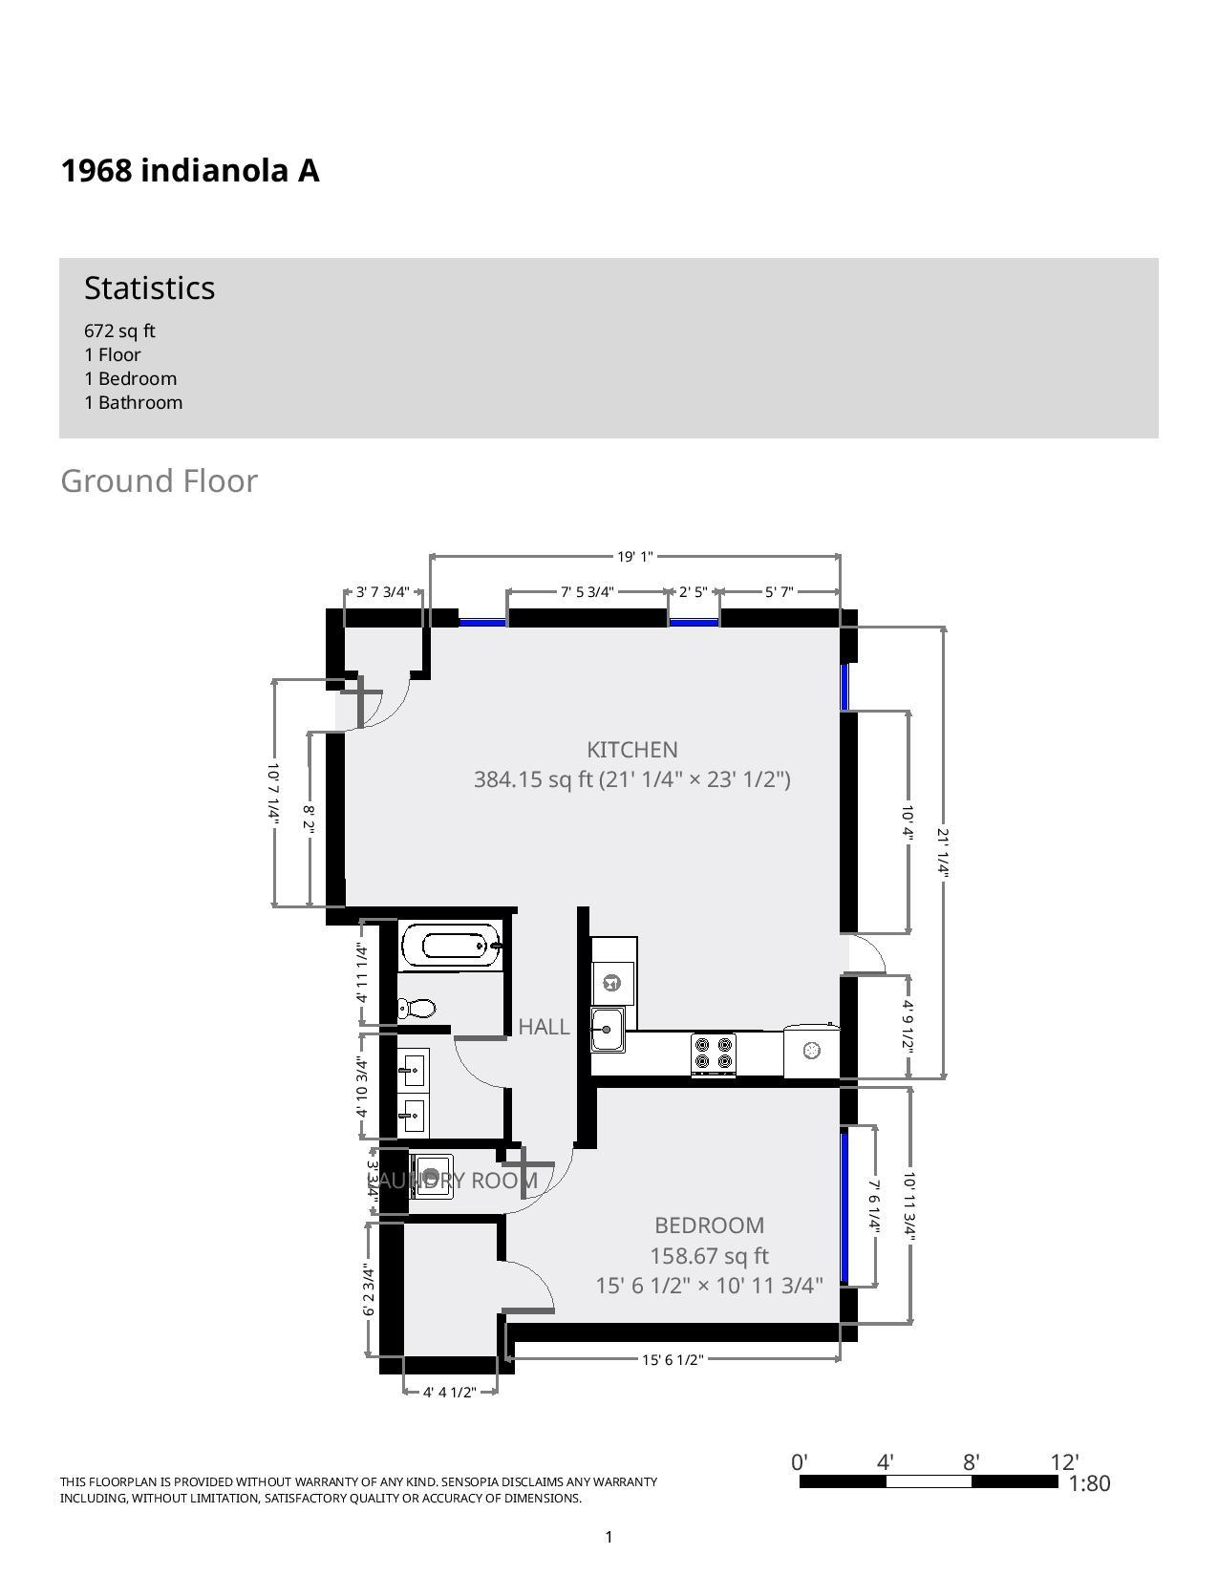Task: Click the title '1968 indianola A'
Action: point(190,171)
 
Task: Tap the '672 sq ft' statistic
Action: point(119,330)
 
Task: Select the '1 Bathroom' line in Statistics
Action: point(133,402)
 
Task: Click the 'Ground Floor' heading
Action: point(159,480)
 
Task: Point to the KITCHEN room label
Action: point(631,750)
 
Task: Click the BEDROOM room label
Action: point(709,1225)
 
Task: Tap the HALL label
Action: point(544,1027)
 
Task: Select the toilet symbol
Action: point(417,1008)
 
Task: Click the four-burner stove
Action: point(714,1054)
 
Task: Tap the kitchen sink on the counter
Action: point(607,1030)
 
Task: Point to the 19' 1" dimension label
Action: point(634,556)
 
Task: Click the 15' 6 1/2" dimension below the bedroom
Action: point(673,1359)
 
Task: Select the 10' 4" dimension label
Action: point(908,821)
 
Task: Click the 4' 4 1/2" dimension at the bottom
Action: point(449,1392)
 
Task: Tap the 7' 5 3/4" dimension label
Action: point(587,592)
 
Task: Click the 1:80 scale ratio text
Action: point(1089,1483)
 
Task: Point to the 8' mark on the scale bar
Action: point(972,1463)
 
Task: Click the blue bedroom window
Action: point(844,1206)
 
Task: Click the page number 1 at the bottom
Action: point(609,1537)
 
